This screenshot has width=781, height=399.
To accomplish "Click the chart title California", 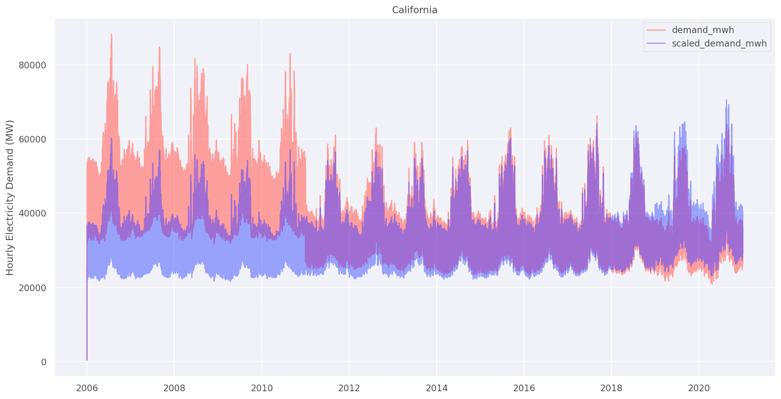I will (414, 10).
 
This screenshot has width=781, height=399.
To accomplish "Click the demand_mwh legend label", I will (703, 30).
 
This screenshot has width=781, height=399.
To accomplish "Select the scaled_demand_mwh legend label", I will (719, 43).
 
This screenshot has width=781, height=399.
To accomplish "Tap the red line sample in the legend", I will (656, 30).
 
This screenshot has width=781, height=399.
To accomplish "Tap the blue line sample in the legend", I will (656, 43).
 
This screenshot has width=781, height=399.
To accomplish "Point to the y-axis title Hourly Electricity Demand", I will (10, 198).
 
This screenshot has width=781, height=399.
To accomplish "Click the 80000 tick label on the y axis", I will (32, 65).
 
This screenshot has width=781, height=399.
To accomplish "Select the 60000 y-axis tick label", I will (32, 140).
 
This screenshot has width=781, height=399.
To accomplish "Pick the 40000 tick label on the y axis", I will (32, 214).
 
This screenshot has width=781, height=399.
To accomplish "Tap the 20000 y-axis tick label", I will (32, 288).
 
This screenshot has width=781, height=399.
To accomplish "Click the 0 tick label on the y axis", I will (44, 362).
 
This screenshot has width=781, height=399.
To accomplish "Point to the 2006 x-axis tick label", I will (87, 388).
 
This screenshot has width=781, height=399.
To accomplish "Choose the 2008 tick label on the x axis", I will (174, 388).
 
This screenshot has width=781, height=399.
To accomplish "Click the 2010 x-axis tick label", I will (262, 388).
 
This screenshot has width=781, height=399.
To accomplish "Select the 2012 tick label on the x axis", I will (349, 388).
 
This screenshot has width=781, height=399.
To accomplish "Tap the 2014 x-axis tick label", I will (437, 388).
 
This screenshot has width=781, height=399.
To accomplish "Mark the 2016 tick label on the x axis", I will (524, 388).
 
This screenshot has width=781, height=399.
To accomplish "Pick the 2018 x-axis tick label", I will (612, 388).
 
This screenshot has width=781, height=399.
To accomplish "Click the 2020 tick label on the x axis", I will (699, 388).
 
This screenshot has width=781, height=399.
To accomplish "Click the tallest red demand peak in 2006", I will (111, 35).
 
